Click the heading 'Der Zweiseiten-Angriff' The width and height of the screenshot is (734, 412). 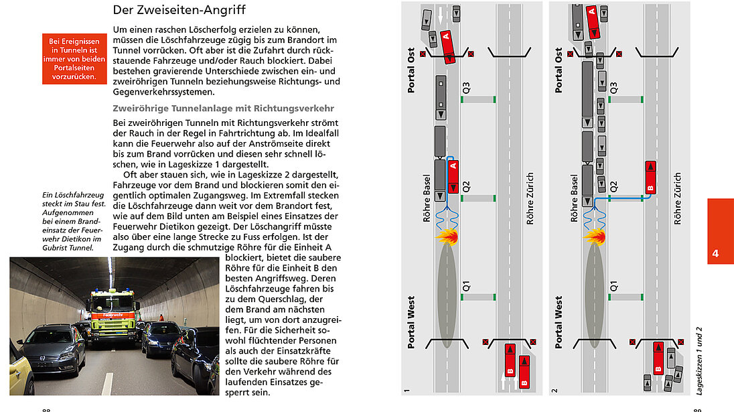tap(179, 10)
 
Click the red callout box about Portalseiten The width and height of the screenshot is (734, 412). tap(74, 59)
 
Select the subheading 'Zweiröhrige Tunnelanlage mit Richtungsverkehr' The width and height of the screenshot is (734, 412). tap(223, 109)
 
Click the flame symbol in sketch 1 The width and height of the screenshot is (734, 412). tap(446, 236)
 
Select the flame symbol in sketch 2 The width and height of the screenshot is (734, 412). tap(593, 235)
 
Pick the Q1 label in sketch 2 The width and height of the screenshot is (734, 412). tap(614, 286)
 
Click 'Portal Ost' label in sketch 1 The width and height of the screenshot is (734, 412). tap(411, 71)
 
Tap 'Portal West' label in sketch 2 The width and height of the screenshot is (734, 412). tap(559, 322)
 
